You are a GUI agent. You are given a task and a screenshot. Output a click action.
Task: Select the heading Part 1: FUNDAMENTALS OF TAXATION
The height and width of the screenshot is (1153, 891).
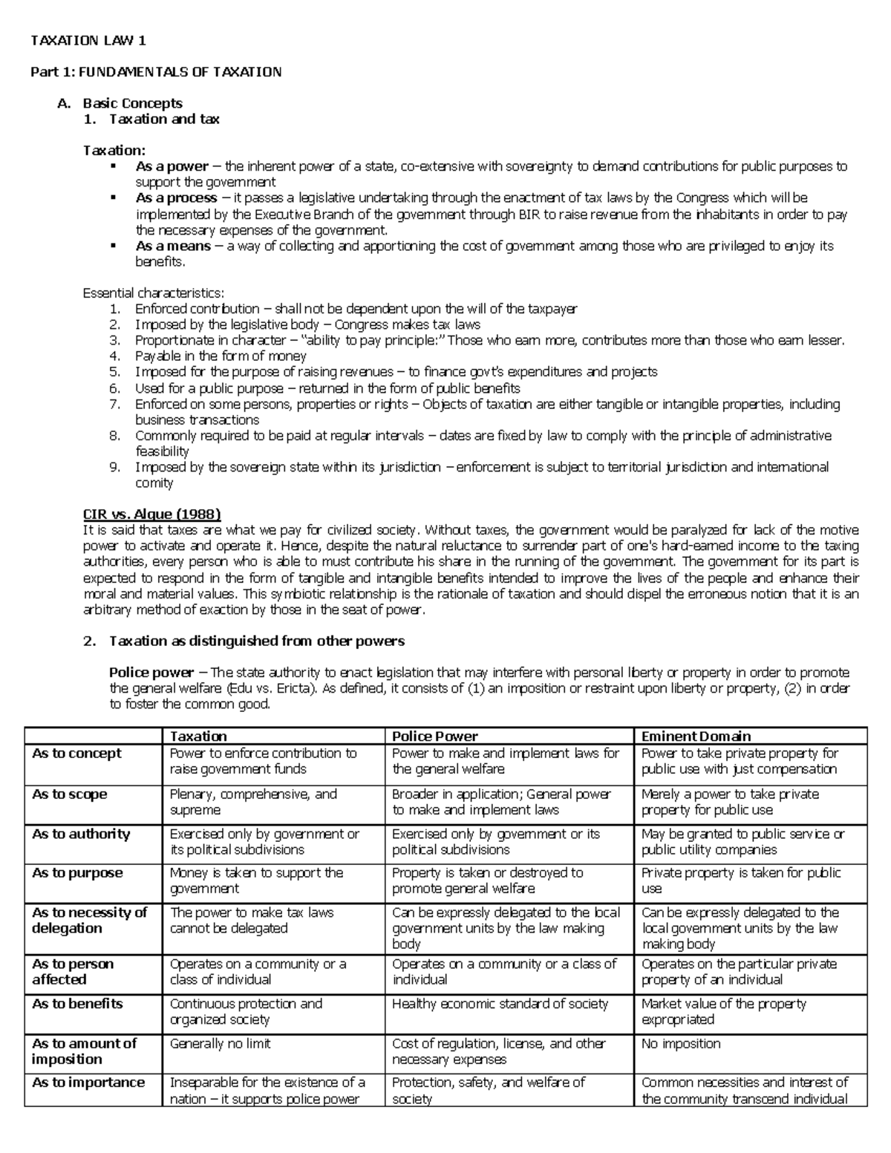[155, 72]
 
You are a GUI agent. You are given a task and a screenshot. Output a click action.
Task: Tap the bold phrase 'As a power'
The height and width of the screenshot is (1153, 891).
[172, 166]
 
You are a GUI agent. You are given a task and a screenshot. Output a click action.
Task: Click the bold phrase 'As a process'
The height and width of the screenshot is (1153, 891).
[177, 198]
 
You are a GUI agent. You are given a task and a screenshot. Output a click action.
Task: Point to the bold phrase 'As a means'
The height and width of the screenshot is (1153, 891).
[173, 246]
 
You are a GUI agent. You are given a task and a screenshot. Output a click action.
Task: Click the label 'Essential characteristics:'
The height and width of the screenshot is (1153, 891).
[153, 293]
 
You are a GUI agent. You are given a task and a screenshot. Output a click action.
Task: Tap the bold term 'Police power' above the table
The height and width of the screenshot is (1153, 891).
[151, 673]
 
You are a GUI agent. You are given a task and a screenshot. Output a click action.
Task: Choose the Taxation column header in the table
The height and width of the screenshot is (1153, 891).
[198, 736]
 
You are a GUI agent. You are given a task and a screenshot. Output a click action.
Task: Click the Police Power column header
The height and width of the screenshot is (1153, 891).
[435, 736]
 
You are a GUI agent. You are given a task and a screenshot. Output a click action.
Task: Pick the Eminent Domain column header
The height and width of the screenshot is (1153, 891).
[696, 736]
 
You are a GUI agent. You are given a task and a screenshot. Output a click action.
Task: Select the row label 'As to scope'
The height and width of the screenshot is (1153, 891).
[70, 794]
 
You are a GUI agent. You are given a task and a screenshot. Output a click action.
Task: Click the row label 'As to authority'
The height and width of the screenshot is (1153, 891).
[81, 834]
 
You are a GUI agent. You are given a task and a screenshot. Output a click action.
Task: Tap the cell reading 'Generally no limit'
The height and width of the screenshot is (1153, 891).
[221, 1043]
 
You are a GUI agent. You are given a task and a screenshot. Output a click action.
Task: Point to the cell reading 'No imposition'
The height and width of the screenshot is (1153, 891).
[681, 1043]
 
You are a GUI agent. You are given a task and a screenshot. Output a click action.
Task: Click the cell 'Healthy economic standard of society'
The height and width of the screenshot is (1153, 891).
[500, 1004]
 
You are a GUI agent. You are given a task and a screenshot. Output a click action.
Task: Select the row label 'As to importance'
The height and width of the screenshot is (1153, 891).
[88, 1082]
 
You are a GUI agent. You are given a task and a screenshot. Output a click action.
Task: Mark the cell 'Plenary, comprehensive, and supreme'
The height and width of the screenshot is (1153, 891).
[253, 802]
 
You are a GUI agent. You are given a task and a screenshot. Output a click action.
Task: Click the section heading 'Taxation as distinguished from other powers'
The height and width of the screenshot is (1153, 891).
[256, 641]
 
